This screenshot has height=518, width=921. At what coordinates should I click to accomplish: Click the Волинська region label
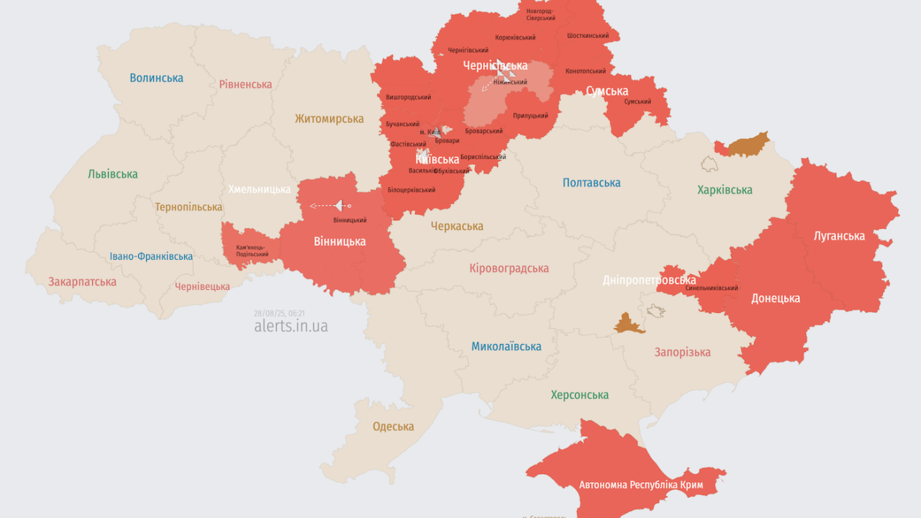coord(156,78)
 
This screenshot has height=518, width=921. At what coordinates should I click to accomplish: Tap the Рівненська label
coord(245,84)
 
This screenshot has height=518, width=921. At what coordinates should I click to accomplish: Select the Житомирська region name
coord(329,119)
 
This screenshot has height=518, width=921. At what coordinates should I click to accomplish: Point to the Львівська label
coord(112,174)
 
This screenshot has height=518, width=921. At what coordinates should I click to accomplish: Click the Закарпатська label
coord(82,282)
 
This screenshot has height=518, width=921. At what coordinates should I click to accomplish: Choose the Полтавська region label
coord(591,183)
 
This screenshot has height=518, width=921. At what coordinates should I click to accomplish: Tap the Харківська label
coord(725,190)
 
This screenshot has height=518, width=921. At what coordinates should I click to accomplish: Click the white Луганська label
coord(839,236)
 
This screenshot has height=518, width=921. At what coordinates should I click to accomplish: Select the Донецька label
coord(776,299)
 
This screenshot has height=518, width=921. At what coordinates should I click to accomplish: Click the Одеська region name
coord(393,427)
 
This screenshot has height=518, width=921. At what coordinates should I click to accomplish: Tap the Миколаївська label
coord(506,347)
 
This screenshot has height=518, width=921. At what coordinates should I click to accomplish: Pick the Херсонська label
coord(579,395)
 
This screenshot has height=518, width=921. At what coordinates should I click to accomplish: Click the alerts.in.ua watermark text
coord(291,326)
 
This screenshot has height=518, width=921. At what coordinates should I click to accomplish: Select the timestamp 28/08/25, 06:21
coord(279,313)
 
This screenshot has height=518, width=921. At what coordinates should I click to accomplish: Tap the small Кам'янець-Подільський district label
coord(252,250)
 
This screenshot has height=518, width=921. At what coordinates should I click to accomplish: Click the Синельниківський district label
coord(712,288)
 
